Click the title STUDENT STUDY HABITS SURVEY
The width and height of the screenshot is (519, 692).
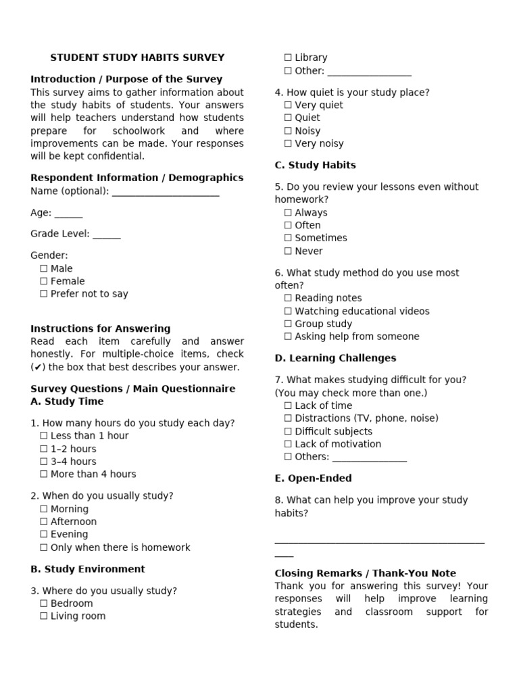point(137,57)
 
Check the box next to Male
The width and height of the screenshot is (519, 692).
point(44,268)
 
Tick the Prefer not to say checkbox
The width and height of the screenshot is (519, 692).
point(44,294)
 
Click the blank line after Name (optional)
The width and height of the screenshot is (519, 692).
point(166,192)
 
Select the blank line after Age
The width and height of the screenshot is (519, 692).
point(68,214)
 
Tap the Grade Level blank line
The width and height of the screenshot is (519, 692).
point(107,234)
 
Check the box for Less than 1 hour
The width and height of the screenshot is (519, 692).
point(44,436)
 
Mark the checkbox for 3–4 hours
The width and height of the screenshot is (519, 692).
point(44,462)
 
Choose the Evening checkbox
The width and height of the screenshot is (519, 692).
point(44,535)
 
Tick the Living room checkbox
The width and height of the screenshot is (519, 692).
point(44,616)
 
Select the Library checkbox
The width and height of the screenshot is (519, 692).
point(289,58)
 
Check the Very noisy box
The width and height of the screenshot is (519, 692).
point(289,144)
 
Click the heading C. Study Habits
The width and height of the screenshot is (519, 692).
point(315,165)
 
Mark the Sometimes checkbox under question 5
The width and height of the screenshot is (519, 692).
point(289,239)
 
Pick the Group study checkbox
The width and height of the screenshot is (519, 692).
point(289,324)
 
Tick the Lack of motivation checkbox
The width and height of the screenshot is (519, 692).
point(289,445)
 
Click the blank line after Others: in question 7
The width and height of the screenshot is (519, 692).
point(369,458)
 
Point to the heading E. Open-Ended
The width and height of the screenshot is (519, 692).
point(313,478)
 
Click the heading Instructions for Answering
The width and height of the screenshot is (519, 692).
point(101,328)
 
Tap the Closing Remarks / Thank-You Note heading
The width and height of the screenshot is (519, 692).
point(365,573)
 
